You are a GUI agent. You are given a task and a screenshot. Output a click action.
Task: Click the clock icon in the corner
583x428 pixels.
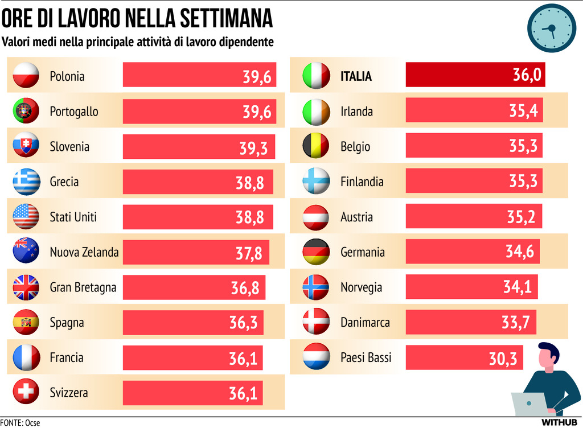551,28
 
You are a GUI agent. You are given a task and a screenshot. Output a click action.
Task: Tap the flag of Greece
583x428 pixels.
26,182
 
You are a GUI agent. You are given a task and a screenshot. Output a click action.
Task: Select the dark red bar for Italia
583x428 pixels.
475,75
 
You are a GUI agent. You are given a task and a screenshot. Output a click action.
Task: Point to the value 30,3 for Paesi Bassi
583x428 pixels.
503,359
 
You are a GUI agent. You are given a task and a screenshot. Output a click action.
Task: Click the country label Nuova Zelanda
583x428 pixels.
84,252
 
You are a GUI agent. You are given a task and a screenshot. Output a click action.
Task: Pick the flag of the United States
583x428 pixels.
26,217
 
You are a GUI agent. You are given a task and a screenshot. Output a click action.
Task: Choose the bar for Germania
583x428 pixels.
473,252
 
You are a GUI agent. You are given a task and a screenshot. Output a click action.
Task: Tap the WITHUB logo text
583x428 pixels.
561,422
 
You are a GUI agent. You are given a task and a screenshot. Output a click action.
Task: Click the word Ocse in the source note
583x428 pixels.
32,423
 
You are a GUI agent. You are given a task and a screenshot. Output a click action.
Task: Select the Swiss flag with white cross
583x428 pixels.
26,392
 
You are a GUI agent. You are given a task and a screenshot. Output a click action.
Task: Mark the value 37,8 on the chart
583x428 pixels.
249,253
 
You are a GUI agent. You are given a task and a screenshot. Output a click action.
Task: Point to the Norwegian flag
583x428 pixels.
315,287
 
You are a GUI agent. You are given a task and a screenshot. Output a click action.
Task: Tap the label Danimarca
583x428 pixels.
365,323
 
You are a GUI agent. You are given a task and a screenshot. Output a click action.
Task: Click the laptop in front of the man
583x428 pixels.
528,404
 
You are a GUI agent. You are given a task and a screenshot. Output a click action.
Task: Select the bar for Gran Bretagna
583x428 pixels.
194,287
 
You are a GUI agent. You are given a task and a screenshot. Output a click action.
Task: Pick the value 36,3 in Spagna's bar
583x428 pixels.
243,323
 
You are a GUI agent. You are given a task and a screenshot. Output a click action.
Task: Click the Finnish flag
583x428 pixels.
315,182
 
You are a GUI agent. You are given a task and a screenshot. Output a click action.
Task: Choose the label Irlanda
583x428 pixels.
356,112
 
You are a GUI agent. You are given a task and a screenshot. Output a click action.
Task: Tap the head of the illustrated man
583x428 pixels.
548,356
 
